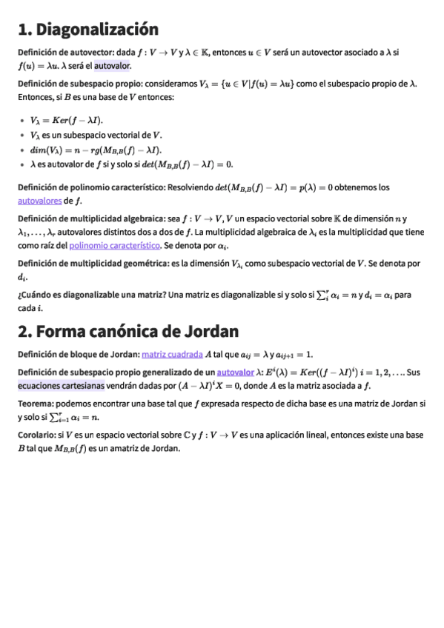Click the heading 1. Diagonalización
click(88, 30)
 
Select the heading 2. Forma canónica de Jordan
click(127, 330)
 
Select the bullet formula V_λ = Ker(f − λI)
click(67, 120)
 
